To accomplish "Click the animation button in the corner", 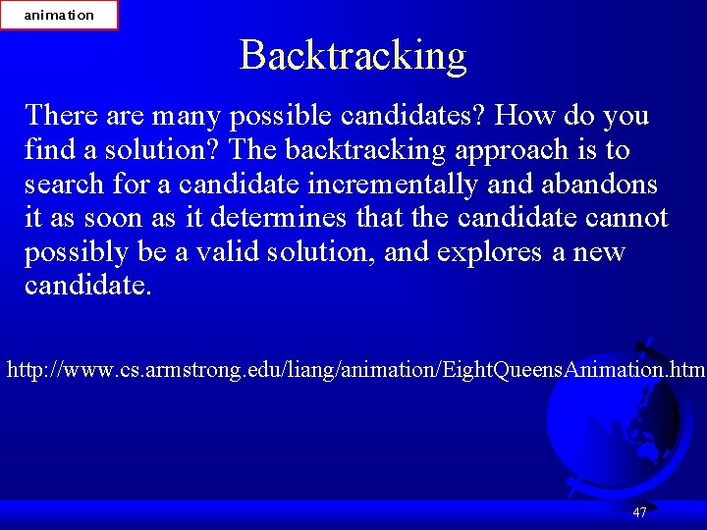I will (59, 15).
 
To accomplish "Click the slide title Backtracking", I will (353, 56).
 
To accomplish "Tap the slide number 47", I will (640, 512).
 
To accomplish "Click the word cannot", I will (627, 218).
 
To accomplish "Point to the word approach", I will (489, 150).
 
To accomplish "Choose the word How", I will (526, 116).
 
